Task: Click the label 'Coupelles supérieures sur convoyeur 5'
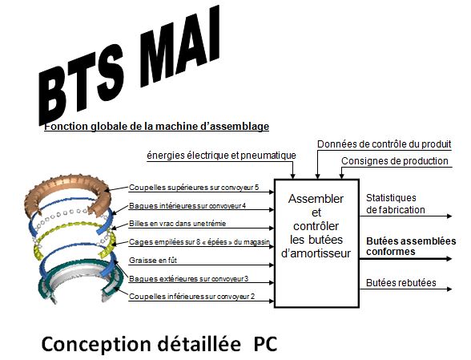coord(194,188)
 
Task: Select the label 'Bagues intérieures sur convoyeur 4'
coord(187,206)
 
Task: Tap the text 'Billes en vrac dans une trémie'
coord(178,224)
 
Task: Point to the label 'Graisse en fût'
coord(153,261)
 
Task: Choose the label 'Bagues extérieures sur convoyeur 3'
coord(189,279)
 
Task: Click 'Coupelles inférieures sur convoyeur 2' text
coord(192,297)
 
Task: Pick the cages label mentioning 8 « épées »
coord(199,242)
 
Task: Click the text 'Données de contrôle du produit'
coord(384,144)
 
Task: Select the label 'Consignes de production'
coord(395,161)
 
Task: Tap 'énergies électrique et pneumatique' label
coord(221,156)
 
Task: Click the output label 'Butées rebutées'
coord(401,283)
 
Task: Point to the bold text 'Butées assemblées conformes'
coord(411,246)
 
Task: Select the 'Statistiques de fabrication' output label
coord(396,204)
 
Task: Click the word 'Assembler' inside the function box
coord(316,199)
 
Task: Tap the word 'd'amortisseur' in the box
coord(316,253)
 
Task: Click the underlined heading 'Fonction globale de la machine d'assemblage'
coord(156,127)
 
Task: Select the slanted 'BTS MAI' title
coord(130,65)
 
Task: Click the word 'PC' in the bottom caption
coord(265,344)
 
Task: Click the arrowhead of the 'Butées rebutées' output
coord(449,289)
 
